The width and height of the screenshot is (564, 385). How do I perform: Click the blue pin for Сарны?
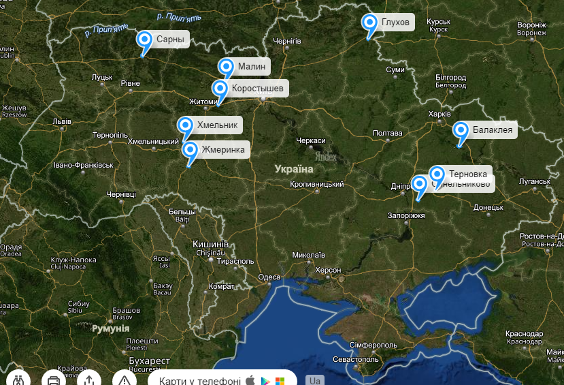pyautogui.click(x=144, y=39)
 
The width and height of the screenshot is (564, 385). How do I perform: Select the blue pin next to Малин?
pyautogui.click(x=226, y=67)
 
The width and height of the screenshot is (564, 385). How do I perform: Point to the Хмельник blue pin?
pyautogui.click(x=185, y=125)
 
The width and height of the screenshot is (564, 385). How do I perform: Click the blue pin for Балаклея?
pyautogui.click(x=461, y=129)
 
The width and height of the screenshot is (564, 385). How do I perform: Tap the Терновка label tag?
pyautogui.click(x=468, y=174)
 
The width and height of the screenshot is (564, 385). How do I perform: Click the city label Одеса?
pyautogui.click(x=269, y=277)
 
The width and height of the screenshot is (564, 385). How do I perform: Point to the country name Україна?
pyautogui.click(x=294, y=168)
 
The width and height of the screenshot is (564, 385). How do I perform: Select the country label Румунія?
pyautogui.click(x=110, y=328)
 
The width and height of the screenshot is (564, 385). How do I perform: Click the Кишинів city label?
pyautogui.click(x=211, y=244)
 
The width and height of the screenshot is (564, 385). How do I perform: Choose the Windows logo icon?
pyautogui.click(x=280, y=380)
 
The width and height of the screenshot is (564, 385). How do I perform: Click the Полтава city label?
pyautogui.click(x=387, y=133)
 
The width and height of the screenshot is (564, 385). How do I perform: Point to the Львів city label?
pyautogui.click(x=61, y=121)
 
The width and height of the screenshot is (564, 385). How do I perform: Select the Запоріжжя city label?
pyautogui.click(x=405, y=215)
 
